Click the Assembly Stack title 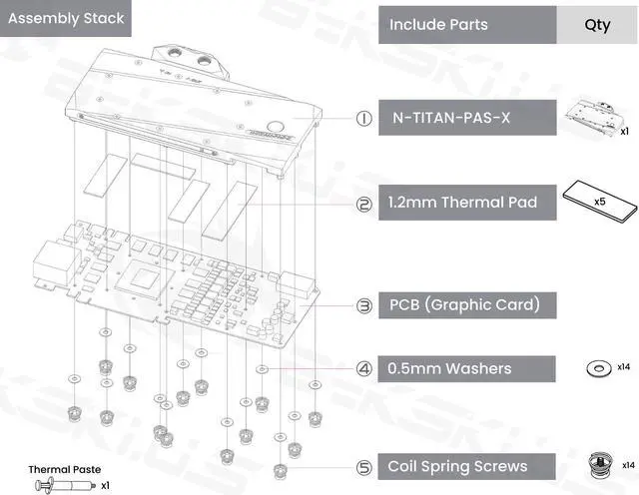pyautogui.click(x=66, y=18)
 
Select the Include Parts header pyautogui.click(x=438, y=24)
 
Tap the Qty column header pyautogui.click(x=597, y=24)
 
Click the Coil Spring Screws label pyautogui.click(x=457, y=466)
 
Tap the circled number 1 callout pyautogui.click(x=363, y=119)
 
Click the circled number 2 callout pyautogui.click(x=363, y=204)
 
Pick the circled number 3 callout pyautogui.click(x=363, y=304)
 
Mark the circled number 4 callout pyautogui.click(x=363, y=368)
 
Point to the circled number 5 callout pyautogui.click(x=363, y=466)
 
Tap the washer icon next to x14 pyautogui.click(x=598, y=369)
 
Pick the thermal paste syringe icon pyautogui.click(x=66, y=485)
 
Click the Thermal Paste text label pyautogui.click(x=64, y=469)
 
